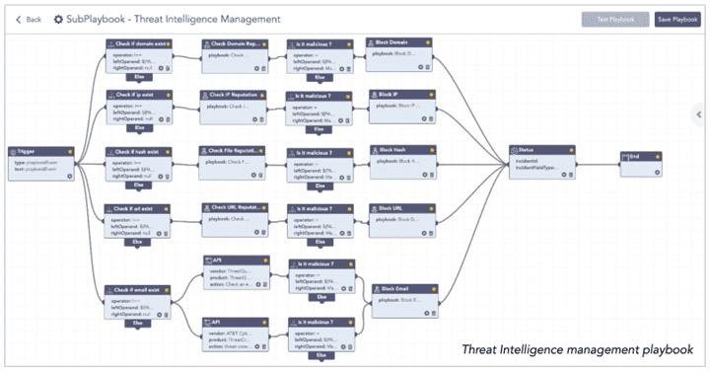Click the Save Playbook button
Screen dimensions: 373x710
coord(677,19)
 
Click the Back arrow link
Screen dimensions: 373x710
coord(28,20)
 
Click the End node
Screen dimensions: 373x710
coord(645,161)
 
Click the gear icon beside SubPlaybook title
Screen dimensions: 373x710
coord(58,20)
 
